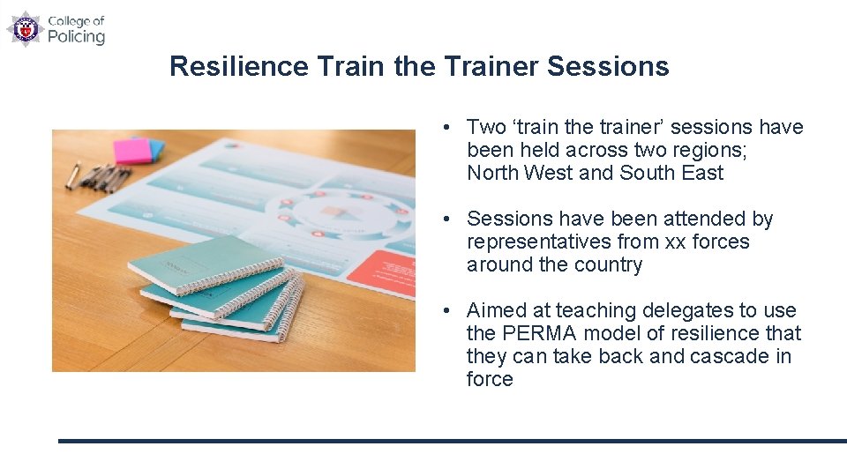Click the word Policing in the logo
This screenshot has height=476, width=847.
pyautogui.click(x=76, y=36)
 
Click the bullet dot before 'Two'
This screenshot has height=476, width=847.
pyautogui.click(x=449, y=128)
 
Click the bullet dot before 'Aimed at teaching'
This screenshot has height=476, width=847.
pyautogui.click(x=449, y=311)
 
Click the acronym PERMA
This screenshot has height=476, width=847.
pyautogui.click(x=537, y=333)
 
